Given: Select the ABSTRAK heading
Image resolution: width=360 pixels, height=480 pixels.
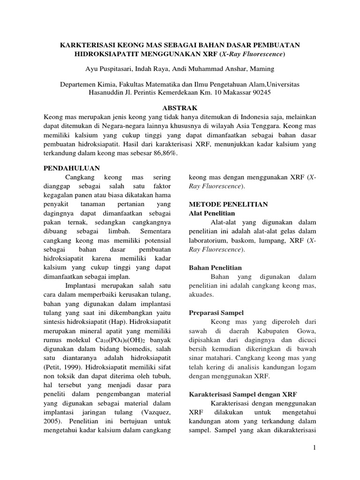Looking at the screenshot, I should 180,107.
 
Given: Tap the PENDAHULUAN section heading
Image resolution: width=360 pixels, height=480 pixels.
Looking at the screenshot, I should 71,167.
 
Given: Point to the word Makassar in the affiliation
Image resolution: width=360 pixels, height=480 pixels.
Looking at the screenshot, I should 230,92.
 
